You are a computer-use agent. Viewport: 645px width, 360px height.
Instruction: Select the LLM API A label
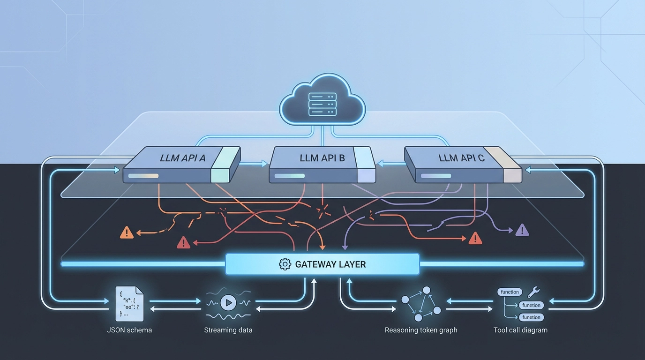(182, 158)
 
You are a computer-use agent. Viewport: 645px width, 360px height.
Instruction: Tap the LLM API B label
(322, 158)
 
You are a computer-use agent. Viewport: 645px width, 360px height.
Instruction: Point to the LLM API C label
(461, 158)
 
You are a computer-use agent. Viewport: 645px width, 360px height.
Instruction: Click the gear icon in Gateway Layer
(285, 264)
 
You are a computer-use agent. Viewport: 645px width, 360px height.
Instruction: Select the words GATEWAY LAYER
(330, 264)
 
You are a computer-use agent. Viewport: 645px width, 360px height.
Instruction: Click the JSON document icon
(129, 304)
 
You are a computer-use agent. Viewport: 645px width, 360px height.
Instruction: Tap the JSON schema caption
(129, 330)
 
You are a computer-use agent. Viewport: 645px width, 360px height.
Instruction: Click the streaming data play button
(228, 303)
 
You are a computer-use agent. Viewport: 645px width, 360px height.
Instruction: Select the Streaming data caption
(228, 330)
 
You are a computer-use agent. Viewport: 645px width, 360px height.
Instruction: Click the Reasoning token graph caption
(421, 330)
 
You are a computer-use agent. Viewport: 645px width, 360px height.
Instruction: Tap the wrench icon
(533, 292)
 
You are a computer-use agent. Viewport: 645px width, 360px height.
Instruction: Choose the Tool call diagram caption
(520, 330)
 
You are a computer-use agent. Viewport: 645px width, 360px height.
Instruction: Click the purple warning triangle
(522, 230)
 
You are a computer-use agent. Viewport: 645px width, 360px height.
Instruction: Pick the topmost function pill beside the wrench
(510, 292)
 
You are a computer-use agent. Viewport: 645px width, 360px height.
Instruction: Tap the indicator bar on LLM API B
(290, 176)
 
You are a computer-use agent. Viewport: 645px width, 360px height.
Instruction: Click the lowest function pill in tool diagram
(531, 317)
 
